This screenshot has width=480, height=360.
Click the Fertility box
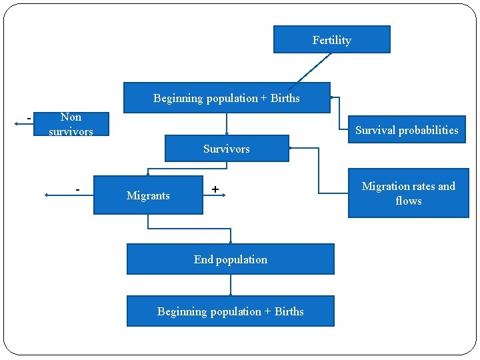click(x=331, y=40)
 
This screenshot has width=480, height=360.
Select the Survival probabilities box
click(x=407, y=130)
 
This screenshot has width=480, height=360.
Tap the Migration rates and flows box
click(x=408, y=193)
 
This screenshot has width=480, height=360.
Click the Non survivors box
click(x=71, y=125)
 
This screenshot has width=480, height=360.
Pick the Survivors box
click(x=227, y=149)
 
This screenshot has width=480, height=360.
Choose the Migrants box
click(x=148, y=195)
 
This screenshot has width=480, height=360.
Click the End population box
click(x=230, y=259)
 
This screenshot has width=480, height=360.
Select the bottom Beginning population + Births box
click(x=230, y=311)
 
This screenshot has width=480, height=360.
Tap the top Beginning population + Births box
click(x=227, y=98)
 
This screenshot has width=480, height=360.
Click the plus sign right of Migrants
click(x=215, y=190)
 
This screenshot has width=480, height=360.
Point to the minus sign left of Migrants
click(x=78, y=190)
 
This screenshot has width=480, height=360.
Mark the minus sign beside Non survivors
click(x=29, y=119)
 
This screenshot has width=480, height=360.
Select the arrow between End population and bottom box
click(x=231, y=285)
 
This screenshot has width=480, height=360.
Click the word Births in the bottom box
click(x=289, y=311)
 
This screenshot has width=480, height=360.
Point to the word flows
click(x=408, y=200)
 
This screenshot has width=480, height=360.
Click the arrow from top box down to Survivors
click(x=227, y=125)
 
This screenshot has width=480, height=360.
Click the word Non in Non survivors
click(x=71, y=117)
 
